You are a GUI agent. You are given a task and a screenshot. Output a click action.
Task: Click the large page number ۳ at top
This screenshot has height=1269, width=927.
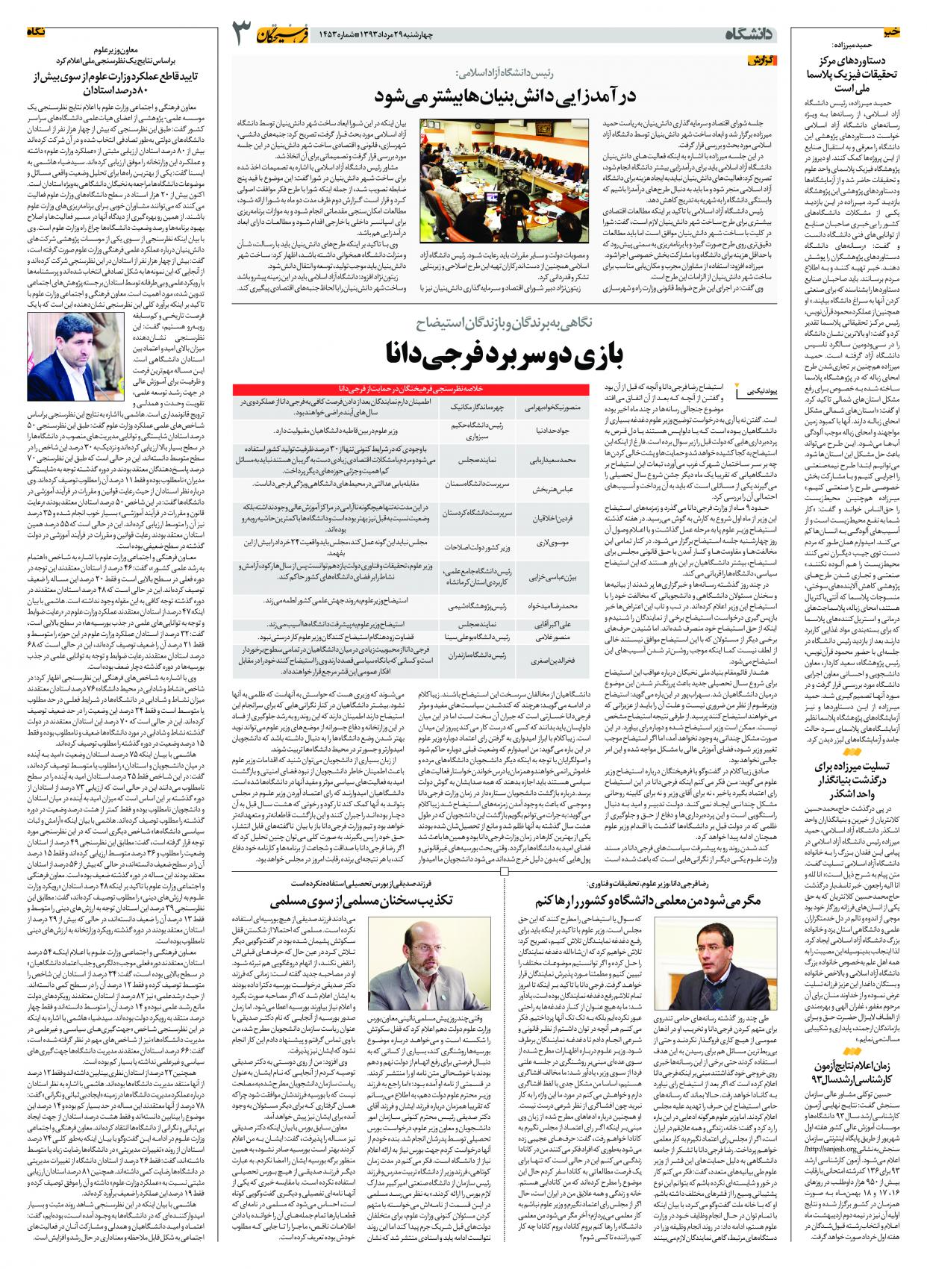(243, 34)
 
